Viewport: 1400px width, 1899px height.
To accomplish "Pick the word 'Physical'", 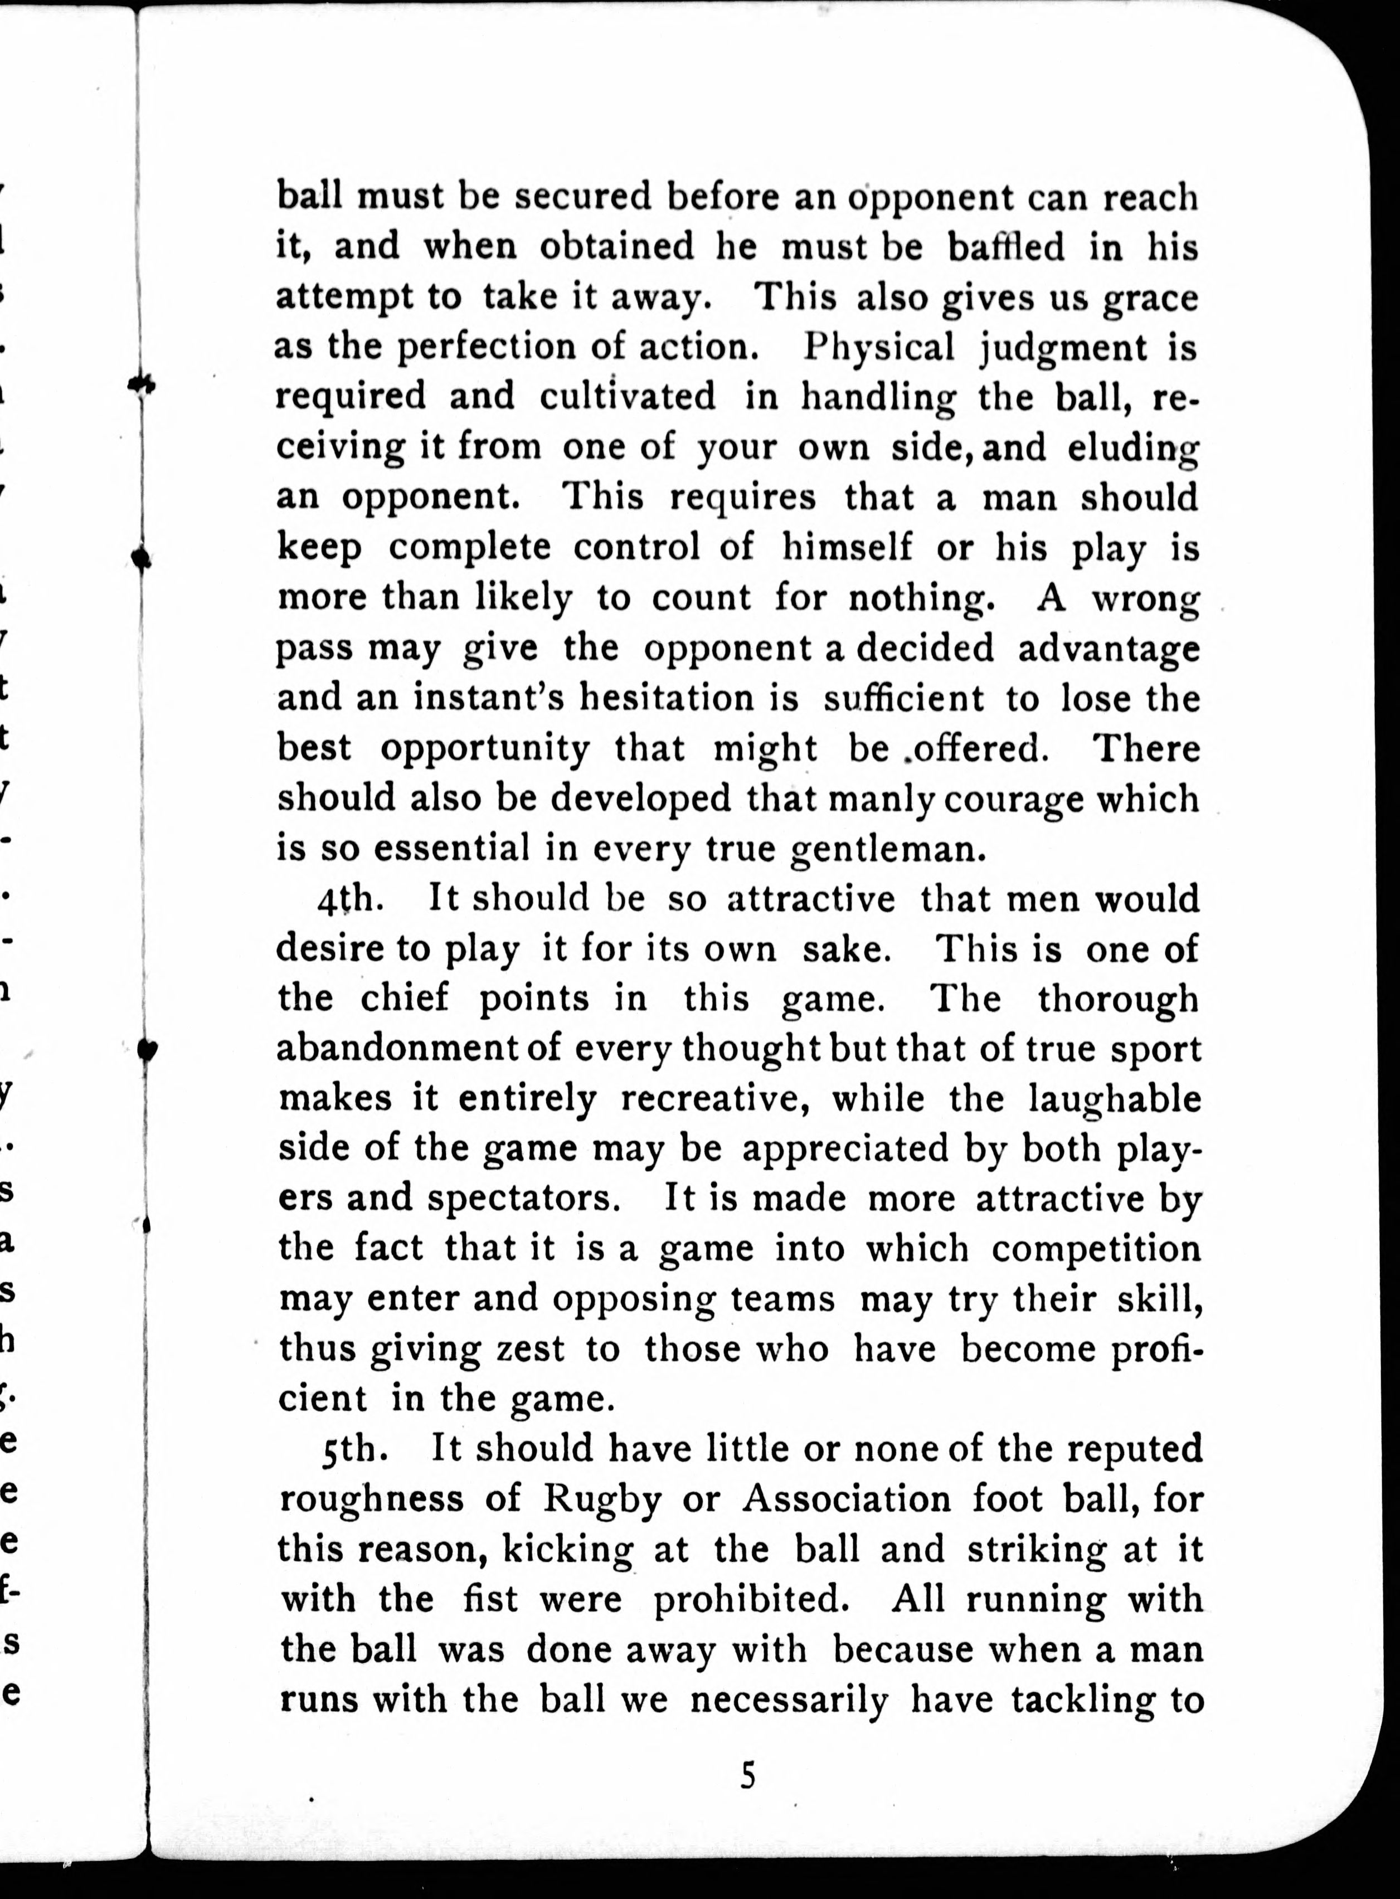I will [x=879, y=348].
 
